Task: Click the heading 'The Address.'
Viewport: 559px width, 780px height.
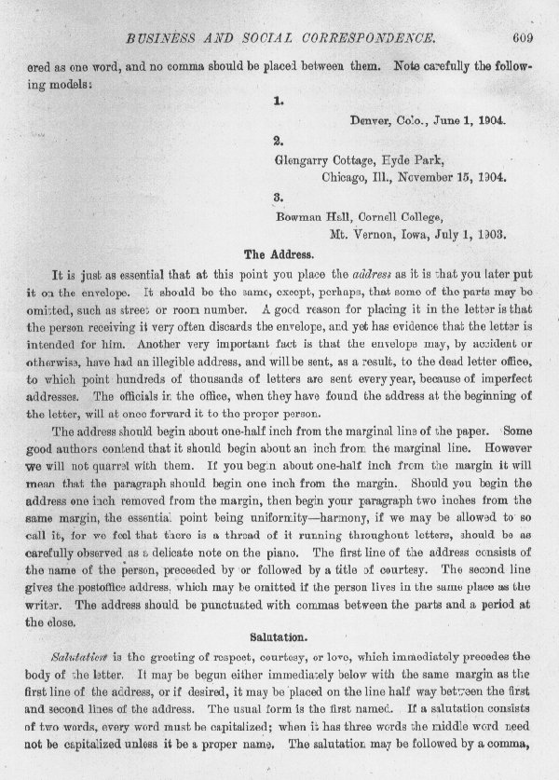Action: (279, 253)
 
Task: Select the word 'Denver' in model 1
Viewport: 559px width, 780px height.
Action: (370, 121)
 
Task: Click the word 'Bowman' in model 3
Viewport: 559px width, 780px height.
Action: (298, 215)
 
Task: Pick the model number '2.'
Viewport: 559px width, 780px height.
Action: (279, 141)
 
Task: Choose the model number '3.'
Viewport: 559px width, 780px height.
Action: (279, 197)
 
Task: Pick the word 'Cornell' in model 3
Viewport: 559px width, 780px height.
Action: (375, 215)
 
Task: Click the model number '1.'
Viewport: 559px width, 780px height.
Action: (279, 103)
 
